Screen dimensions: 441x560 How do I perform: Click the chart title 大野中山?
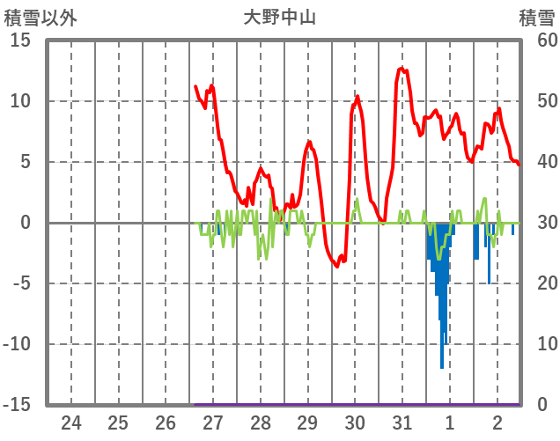click(279, 18)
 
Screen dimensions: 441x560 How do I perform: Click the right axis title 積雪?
click(536, 18)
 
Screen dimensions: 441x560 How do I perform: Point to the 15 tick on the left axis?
click(21, 40)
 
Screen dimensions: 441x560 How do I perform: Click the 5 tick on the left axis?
click(26, 162)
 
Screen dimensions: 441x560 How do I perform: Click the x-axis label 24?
click(71, 422)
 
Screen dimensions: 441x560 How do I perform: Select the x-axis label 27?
click(213, 422)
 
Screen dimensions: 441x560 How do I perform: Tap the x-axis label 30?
click(355, 422)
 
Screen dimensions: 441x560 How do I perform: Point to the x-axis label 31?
click(402, 422)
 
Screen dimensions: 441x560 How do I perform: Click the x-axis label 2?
click(497, 422)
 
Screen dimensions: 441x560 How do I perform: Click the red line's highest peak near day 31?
click(402, 68)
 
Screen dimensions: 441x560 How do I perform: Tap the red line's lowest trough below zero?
click(337, 266)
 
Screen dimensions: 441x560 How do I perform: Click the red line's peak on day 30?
click(357, 97)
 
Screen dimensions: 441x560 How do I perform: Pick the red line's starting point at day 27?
click(195, 86)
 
